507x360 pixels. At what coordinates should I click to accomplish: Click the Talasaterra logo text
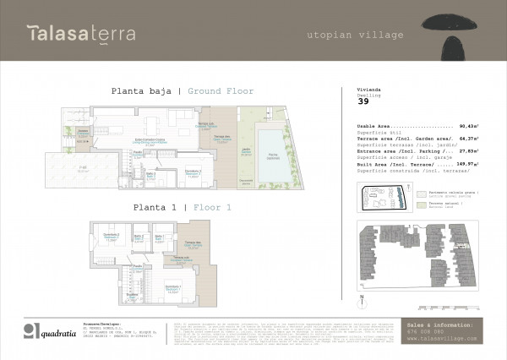80,34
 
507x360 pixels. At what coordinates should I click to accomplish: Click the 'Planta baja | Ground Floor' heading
183,90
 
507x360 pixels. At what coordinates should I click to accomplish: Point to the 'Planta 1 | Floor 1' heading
182,206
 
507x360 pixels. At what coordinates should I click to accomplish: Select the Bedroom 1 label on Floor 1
172,289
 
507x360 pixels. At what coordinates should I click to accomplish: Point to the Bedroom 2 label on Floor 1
109,235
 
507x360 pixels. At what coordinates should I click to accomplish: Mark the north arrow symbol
362,297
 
